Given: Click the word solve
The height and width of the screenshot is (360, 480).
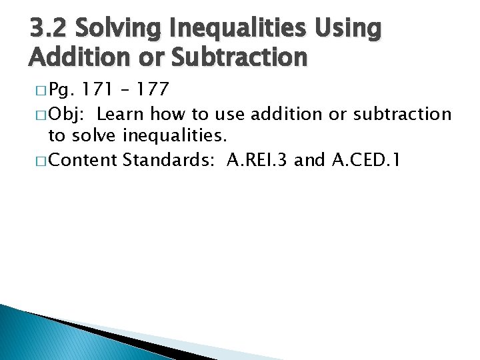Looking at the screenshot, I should click(94, 137).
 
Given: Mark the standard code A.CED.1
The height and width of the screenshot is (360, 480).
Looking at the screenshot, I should click(363, 161).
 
